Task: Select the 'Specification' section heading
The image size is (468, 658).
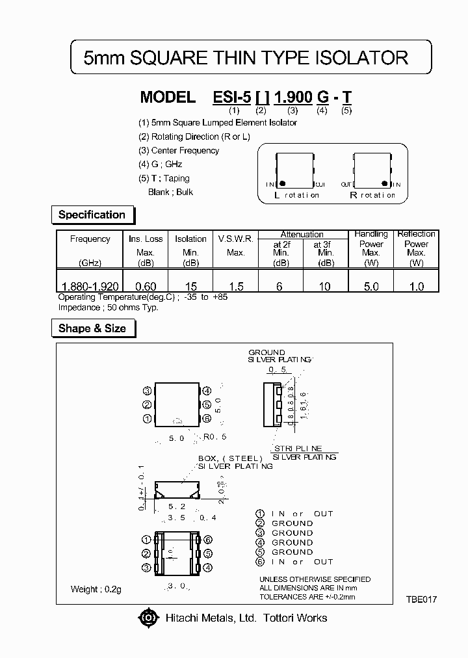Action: click(92, 215)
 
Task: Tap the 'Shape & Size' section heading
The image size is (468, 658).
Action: click(92, 328)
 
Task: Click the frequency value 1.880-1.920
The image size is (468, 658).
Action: click(90, 286)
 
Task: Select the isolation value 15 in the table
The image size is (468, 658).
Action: click(190, 286)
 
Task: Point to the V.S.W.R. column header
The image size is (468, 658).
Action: click(236, 239)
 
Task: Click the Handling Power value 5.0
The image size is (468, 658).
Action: click(370, 286)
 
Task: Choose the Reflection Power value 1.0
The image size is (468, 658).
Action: click(416, 286)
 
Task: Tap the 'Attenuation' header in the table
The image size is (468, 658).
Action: click(302, 234)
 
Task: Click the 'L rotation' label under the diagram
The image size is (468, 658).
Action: click(296, 195)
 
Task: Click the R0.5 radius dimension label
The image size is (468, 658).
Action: click(214, 437)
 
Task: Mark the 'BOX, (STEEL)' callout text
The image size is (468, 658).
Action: click(230, 458)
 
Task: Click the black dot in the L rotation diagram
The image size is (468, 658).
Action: click(283, 184)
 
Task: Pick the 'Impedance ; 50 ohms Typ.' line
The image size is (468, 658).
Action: click(109, 307)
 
